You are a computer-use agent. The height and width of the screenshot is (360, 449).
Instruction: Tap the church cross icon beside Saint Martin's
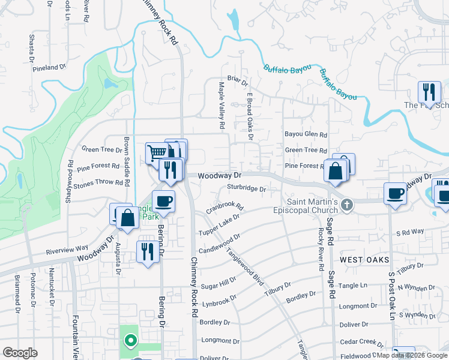346,205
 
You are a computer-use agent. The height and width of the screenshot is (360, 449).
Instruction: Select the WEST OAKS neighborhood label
364,260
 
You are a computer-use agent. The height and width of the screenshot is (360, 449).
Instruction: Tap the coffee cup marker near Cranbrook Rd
163,202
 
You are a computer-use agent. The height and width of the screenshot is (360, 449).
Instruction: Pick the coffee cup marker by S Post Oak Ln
395,193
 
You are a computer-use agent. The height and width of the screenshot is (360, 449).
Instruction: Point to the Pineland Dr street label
50,68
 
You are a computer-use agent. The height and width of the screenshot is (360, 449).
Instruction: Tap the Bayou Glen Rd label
306,135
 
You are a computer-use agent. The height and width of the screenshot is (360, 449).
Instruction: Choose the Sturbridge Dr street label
246,188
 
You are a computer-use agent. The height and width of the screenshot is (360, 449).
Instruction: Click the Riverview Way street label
67,250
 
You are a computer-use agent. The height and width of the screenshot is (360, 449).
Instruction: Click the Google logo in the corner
20,353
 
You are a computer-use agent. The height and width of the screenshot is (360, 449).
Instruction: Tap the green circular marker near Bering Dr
130,341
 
